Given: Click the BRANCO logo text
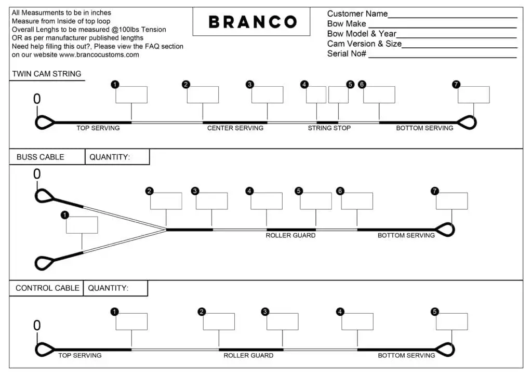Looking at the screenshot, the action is [x=253, y=22].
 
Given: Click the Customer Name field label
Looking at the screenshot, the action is [x=357, y=14].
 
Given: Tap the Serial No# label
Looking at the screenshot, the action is [x=347, y=53].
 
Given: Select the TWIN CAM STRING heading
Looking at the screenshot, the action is [x=47, y=74].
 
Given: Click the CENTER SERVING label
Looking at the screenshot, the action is [x=235, y=128].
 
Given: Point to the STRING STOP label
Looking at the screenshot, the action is [x=329, y=128].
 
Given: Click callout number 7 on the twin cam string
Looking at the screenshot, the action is [x=456, y=84].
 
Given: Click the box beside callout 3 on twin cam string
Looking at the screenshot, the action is [x=268, y=95].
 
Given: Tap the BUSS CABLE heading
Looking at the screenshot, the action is [x=41, y=157].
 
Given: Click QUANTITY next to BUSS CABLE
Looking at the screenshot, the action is [x=110, y=157].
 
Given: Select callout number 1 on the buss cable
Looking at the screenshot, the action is [x=64, y=215].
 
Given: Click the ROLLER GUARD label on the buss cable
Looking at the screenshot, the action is [x=290, y=235].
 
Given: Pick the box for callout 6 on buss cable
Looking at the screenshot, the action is [x=357, y=201].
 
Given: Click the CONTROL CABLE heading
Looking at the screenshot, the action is [x=47, y=288].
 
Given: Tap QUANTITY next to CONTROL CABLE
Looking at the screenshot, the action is [x=108, y=288].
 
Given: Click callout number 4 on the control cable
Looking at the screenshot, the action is [x=340, y=312].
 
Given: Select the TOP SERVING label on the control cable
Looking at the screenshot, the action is [x=79, y=355].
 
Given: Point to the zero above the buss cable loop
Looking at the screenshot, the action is [x=37, y=174].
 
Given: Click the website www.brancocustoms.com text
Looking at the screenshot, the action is [x=99, y=55].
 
